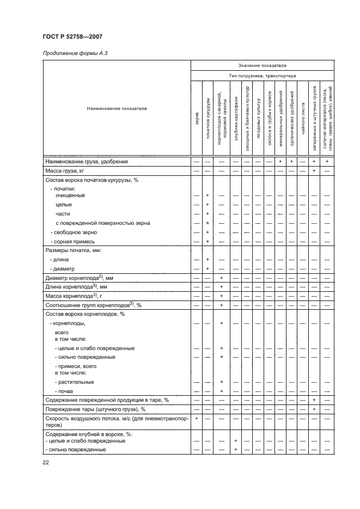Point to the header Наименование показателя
[117, 108]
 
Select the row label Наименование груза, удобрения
[86, 162]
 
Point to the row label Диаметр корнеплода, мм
[76, 278]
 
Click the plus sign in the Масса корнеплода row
[221, 296]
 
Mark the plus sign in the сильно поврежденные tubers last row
[235, 450]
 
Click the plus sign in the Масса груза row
[314, 171]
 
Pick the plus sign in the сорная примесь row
[208, 241]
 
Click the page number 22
[46, 463]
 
